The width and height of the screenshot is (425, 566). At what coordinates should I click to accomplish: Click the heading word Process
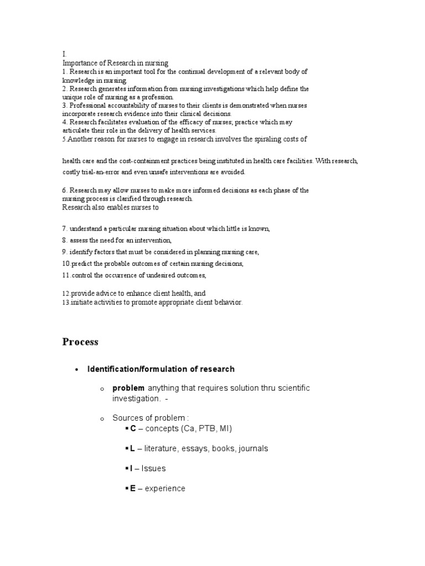(x=80, y=342)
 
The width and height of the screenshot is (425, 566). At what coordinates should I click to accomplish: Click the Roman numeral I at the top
(x=64, y=54)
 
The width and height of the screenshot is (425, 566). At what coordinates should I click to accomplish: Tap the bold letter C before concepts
(x=133, y=428)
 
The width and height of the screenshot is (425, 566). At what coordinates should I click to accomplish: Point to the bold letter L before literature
(x=132, y=448)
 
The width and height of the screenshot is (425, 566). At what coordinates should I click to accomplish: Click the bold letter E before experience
(x=133, y=489)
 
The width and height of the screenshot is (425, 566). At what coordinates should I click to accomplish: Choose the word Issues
(x=153, y=469)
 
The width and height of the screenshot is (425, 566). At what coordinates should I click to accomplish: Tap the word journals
(x=253, y=448)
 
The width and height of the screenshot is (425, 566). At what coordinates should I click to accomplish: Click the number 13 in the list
(x=65, y=303)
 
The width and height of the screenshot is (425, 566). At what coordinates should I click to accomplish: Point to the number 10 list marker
(x=66, y=264)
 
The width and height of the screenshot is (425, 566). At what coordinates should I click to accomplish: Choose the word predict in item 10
(x=81, y=264)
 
